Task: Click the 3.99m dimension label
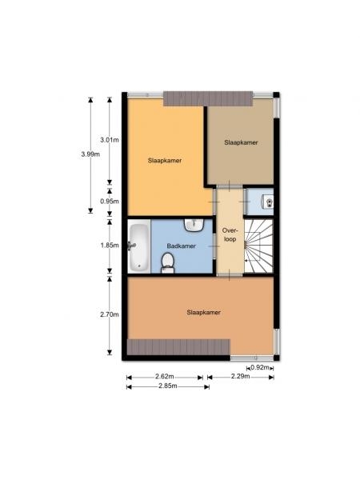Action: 90,154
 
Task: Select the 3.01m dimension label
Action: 110,140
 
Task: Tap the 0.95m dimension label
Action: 110,202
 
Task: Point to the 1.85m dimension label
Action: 110,246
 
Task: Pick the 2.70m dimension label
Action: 110,314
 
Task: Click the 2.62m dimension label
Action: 165,376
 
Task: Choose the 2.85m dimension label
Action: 168,386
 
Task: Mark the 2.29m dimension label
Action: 241,376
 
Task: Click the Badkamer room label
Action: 182,246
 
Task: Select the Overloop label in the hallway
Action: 230,234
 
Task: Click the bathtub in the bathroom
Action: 139,248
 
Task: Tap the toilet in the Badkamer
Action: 167,263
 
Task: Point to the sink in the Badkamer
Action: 194,226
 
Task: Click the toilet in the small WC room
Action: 267,202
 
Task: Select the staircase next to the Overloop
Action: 258,246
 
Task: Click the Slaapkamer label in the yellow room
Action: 165,161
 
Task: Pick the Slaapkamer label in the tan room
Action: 241,142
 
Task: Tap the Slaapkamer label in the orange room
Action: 203,312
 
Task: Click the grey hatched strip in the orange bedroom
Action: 178,347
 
